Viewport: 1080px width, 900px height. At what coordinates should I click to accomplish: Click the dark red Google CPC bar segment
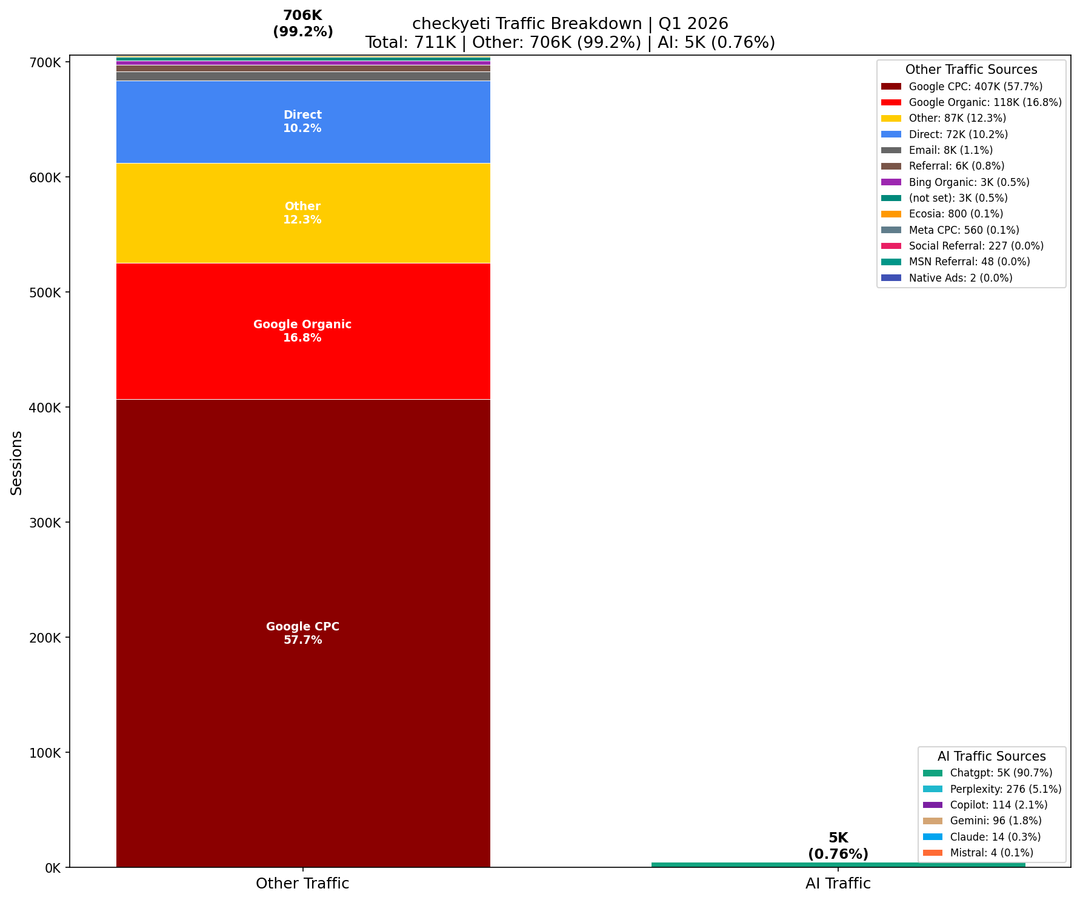(x=302, y=633)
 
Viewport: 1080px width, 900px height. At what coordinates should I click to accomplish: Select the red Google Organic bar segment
(x=302, y=331)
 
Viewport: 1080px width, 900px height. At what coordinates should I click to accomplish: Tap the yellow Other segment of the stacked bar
(x=302, y=213)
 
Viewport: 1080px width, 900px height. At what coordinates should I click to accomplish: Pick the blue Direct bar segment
(x=302, y=121)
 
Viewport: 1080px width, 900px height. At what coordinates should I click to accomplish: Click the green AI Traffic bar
(x=838, y=864)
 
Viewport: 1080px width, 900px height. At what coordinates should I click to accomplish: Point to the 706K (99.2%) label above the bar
(x=302, y=24)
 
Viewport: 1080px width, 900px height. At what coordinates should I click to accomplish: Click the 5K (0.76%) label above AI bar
(x=838, y=845)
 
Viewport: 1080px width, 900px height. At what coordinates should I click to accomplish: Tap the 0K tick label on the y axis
(x=52, y=868)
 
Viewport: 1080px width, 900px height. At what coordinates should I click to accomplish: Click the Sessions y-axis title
(x=16, y=463)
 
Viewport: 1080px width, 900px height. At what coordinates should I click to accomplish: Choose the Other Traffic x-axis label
(x=302, y=883)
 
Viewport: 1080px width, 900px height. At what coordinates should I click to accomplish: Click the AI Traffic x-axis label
(x=838, y=883)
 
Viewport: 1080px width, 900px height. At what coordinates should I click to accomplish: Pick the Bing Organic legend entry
(x=968, y=182)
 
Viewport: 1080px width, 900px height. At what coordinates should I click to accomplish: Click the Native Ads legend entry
(x=960, y=278)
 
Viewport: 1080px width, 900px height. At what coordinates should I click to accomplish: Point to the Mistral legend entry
(x=991, y=853)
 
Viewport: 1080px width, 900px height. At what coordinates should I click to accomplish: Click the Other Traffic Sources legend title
(x=971, y=70)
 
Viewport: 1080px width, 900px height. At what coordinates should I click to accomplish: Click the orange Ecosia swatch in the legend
(x=891, y=214)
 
